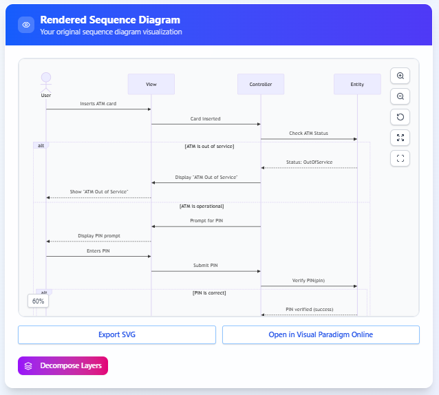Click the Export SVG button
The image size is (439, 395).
(x=116, y=334)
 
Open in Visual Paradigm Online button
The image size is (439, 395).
(x=321, y=334)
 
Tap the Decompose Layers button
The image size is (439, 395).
(x=63, y=366)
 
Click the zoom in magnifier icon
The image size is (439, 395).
(x=400, y=76)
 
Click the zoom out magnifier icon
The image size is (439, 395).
(x=400, y=96)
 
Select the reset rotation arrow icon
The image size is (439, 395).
(x=400, y=117)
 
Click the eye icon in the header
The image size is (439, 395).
(x=26, y=25)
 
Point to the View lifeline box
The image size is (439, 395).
(x=151, y=84)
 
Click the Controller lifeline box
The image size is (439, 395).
(x=260, y=84)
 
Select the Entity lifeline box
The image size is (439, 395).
(x=357, y=84)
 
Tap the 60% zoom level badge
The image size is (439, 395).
(x=38, y=301)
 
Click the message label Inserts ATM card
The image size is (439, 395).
(x=98, y=104)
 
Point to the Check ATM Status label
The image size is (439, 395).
(x=309, y=133)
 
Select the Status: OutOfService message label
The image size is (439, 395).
(x=309, y=162)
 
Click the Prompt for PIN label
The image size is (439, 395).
(x=206, y=221)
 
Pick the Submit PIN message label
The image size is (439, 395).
(x=206, y=265)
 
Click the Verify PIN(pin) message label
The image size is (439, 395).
(x=309, y=280)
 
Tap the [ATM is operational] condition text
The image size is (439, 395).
(x=201, y=206)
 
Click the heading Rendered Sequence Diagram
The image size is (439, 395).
(x=110, y=20)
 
